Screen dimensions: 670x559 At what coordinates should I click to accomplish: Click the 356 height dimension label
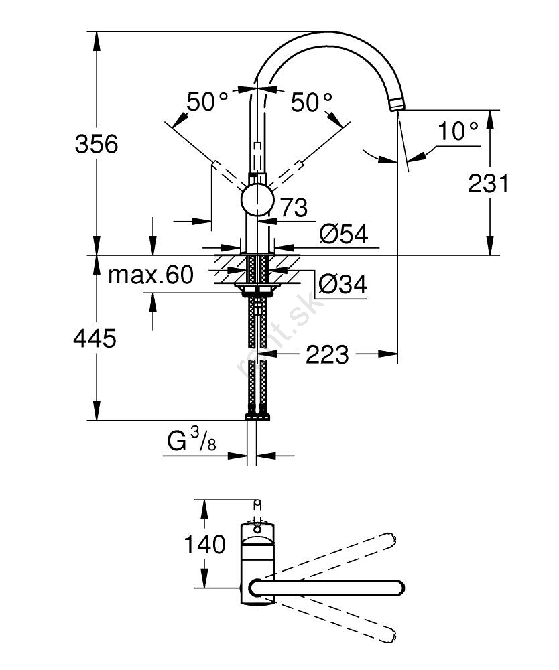96,143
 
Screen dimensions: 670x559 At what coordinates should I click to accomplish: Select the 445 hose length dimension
95,338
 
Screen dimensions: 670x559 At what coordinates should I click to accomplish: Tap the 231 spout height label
489,182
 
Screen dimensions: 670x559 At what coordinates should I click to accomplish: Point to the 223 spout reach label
327,355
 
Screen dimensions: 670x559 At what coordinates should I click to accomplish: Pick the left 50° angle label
207,102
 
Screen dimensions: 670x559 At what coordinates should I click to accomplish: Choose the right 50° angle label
312,102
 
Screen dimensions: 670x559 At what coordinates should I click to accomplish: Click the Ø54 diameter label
344,234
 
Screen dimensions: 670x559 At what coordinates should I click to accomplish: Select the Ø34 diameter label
343,285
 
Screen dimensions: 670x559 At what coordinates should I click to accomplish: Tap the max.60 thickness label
151,274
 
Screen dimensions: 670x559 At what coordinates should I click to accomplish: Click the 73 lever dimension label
294,208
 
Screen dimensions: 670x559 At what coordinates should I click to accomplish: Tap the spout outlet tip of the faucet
397,105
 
